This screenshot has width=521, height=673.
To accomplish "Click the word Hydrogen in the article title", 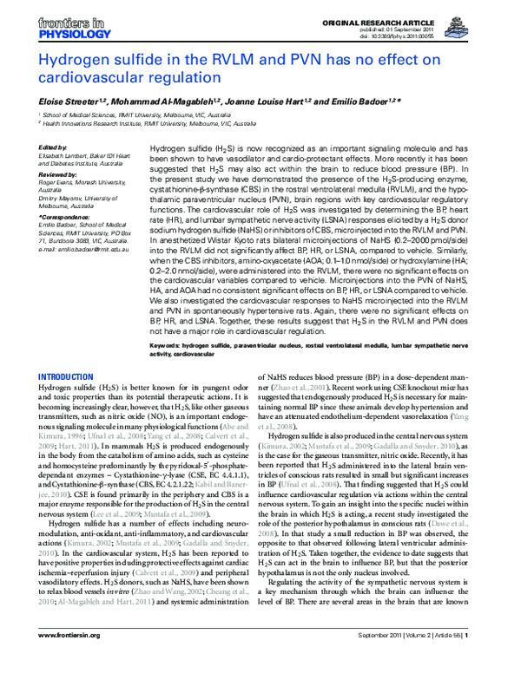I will tap(77, 60).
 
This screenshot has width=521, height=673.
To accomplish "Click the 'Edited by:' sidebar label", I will tap(55, 147).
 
